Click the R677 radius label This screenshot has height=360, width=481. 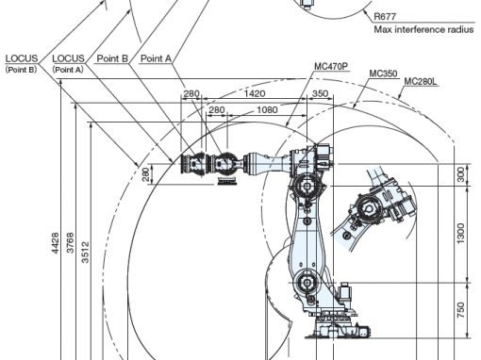[x=385, y=16]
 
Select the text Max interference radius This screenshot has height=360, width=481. [x=423, y=29]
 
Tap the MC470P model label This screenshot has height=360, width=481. [x=331, y=66]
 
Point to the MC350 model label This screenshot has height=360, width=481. [x=383, y=74]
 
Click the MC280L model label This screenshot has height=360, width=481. [x=421, y=81]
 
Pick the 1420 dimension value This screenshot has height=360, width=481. [x=255, y=93]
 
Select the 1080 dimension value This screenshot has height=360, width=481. [x=267, y=109]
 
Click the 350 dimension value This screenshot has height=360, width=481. [x=320, y=93]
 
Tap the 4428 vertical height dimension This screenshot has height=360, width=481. [x=55, y=243]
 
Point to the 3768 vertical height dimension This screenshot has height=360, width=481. [x=71, y=243]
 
